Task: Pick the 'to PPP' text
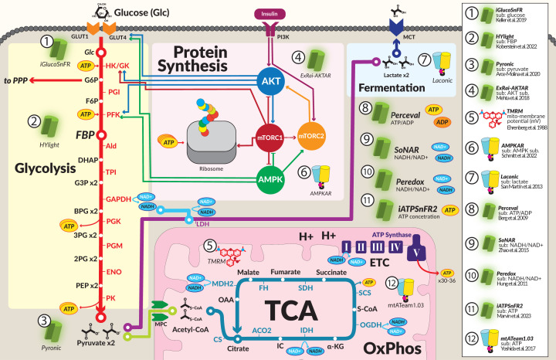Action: (x=21, y=80)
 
